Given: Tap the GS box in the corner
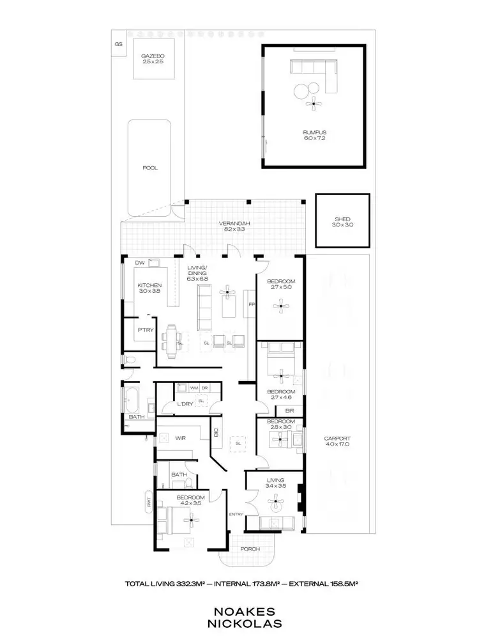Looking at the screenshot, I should (x=118, y=44).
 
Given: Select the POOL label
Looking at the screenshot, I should (x=149, y=168).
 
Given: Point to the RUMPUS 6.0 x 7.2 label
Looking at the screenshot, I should (x=314, y=135).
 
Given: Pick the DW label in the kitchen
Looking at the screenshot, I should (x=139, y=263).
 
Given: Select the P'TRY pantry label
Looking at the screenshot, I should (x=144, y=330).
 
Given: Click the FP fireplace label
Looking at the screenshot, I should (x=251, y=304).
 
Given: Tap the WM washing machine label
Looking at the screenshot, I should (x=194, y=388).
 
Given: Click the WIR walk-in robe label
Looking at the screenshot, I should (x=181, y=439).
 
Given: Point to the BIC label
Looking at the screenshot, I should (x=216, y=437).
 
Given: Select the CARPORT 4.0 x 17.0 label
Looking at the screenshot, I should (x=337, y=441).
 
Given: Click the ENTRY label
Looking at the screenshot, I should (x=236, y=513).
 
